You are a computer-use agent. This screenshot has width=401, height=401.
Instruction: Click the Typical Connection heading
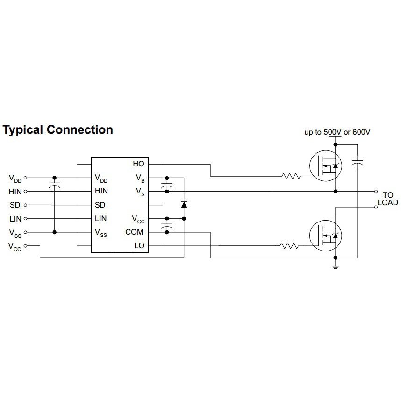click(58, 129)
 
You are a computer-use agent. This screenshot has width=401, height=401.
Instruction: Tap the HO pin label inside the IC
click(139, 164)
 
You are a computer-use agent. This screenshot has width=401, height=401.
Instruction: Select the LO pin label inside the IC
click(139, 245)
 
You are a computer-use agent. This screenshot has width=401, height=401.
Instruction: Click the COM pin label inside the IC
click(135, 232)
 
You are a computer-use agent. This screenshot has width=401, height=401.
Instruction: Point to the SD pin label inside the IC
click(100, 205)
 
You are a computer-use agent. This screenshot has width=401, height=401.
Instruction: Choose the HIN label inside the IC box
click(101, 191)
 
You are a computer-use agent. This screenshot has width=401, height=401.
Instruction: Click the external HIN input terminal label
click(15, 192)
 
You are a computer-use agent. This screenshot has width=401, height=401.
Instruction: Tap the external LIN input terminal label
click(15, 219)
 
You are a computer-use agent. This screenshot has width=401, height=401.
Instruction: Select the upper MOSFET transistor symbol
click(326, 165)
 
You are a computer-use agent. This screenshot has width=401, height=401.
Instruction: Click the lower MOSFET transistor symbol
click(326, 235)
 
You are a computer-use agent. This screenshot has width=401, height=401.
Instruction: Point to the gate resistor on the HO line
click(291, 176)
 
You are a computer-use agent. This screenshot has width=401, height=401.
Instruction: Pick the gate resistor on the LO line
click(289, 245)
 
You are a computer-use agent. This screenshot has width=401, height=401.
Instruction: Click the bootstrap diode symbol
click(184, 205)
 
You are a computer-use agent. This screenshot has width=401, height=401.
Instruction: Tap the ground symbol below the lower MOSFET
click(335, 266)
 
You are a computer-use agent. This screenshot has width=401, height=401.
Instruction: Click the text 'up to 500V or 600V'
click(337, 132)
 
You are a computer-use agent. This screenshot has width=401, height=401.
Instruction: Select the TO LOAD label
click(388, 199)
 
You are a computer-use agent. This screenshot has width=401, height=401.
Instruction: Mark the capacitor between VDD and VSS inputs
click(55, 187)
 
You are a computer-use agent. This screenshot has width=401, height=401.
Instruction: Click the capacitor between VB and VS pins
click(166, 187)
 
